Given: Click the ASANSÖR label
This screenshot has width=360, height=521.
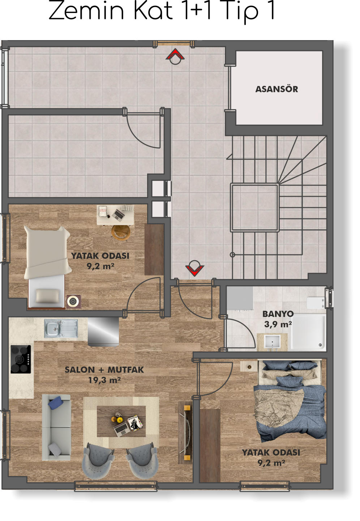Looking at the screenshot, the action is click(x=277, y=89).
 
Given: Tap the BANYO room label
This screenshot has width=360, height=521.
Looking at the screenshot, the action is click(x=278, y=314).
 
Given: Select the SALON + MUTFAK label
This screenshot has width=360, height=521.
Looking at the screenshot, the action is click(x=104, y=370).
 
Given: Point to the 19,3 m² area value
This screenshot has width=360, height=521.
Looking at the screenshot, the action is click(x=104, y=380).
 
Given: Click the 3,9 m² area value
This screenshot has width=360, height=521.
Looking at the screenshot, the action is click(x=278, y=324).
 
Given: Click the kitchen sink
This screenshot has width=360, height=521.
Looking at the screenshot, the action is click(x=61, y=328).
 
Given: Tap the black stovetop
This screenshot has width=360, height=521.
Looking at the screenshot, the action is click(x=21, y=359).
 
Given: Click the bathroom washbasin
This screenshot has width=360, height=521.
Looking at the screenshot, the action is click(x=272, y=342).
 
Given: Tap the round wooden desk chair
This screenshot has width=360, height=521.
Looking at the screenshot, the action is click(x=121, y=232).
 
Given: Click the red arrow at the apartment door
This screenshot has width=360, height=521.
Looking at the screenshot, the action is click(x=194, y=270).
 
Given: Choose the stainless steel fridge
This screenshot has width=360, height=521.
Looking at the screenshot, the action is click(x=103, y=332).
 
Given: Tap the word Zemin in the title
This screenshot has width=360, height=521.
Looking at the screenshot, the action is click(x=86, y=11).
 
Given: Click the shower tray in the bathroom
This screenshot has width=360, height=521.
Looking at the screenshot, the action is click(x=308, y=332).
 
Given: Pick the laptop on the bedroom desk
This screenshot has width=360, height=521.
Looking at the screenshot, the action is click(x=118, y=214).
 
